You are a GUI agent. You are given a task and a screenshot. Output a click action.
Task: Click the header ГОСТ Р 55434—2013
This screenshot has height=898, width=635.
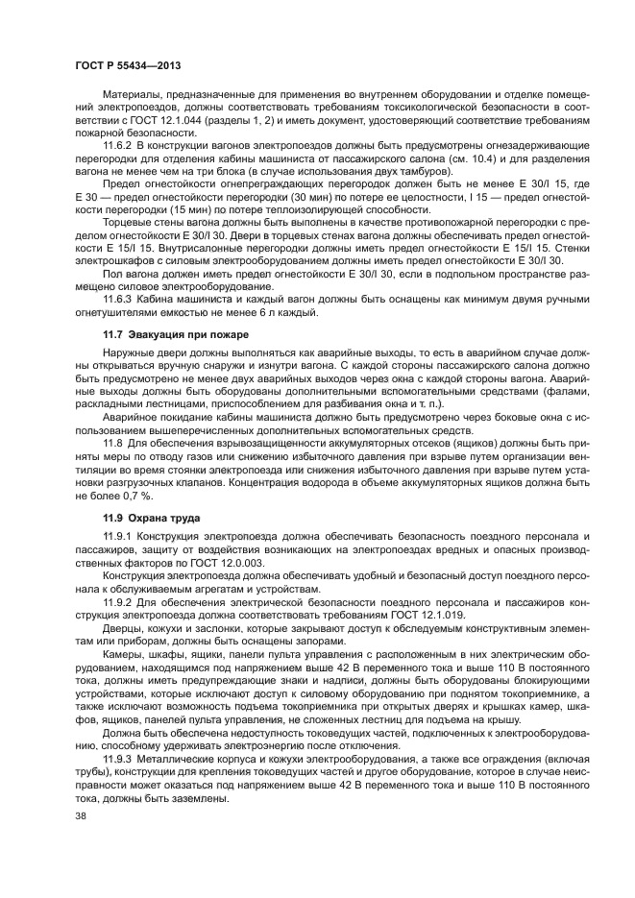point(128,64)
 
